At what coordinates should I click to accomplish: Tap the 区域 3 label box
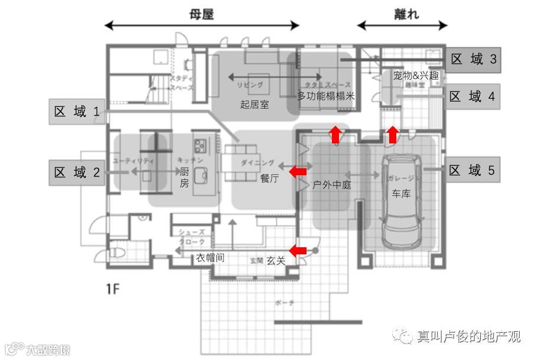click(x=474, y=60)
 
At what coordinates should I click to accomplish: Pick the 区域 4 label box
click(x=473, y=96)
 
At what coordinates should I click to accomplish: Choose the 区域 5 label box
click(x=472, y=171)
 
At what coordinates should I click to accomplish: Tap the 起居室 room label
click(x=255, y=105)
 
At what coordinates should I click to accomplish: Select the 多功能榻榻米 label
click(x=325, y=96)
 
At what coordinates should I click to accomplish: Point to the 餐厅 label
click(x=269, y=178)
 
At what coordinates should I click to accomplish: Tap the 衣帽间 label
click(x=210, y=258)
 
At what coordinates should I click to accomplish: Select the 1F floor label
click(x=113, y=289)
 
